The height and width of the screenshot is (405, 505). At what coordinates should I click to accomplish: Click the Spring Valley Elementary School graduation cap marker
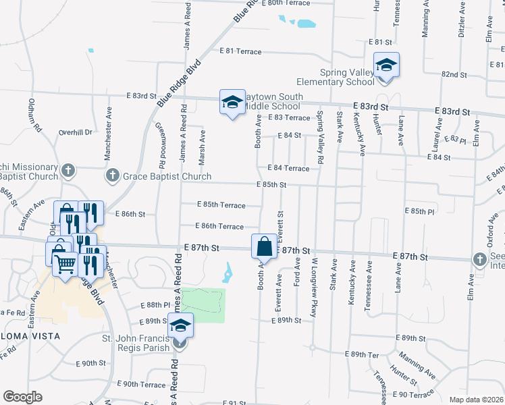coord(386,65)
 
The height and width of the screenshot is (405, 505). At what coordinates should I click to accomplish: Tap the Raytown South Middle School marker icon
coord(232,103)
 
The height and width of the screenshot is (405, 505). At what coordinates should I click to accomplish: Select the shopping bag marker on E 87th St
coord(264,246)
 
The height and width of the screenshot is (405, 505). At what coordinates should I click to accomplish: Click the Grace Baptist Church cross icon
coord(112,176)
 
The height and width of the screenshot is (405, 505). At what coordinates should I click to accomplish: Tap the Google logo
coord(22,397)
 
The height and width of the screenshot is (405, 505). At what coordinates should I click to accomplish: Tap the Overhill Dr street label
coord(75,132)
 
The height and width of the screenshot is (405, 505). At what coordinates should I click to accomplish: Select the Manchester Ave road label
coord(107,136)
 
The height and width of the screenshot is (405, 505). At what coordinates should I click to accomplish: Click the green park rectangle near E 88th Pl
coord(202,304)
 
